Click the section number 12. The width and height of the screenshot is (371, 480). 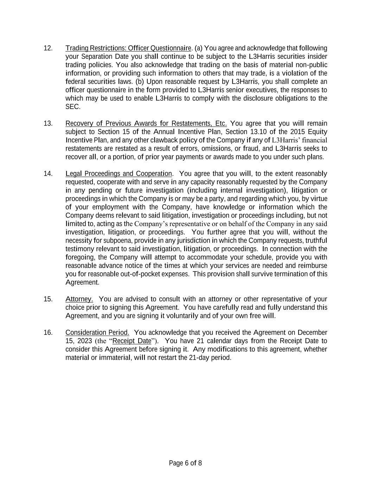[48, 48]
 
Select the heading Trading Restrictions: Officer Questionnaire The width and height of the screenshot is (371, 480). [128, 48]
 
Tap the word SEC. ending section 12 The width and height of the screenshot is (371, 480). [73, 107]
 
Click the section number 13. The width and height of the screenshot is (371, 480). [48, 123]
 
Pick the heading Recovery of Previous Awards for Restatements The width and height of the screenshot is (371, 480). [146, 123]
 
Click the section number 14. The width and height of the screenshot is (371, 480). [48, 174]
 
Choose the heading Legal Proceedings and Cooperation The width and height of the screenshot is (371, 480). [119, 174]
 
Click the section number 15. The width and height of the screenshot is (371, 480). [48, 299]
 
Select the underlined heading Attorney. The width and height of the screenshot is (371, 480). [79, 299]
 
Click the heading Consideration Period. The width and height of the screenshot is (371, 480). [97, 333]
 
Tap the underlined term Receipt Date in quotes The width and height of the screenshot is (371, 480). [132, 341]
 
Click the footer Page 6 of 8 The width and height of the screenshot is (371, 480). [185, 463]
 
